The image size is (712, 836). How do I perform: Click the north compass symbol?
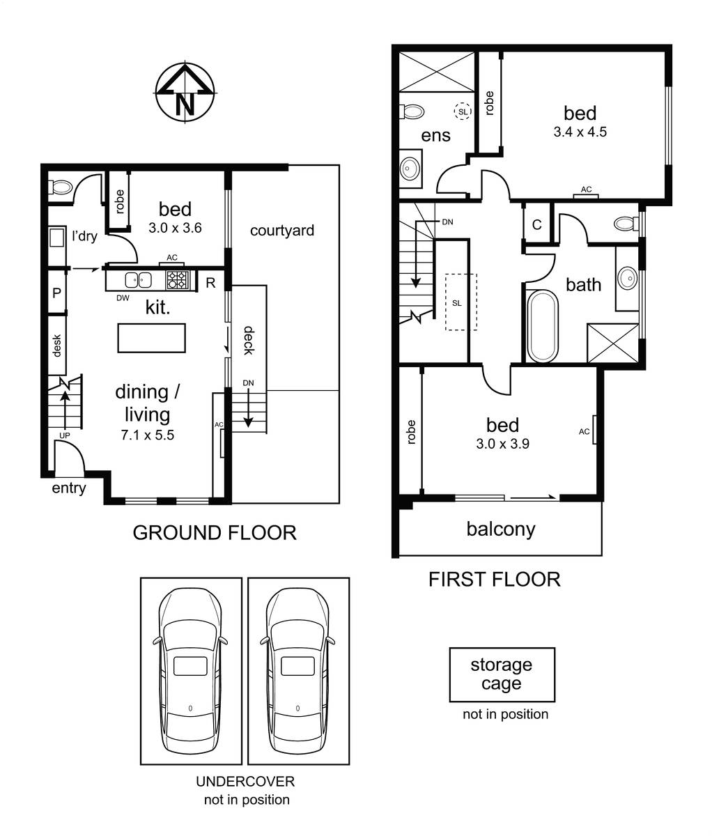(x=185, y=92)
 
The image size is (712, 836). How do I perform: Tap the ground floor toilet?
(x=61, y=187)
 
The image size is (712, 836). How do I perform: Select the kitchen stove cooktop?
(x=178, y=280)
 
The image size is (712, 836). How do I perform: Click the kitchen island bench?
(x=152, y=338)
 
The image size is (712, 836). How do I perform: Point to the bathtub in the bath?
(x=543, y=326)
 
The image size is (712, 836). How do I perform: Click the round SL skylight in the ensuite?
(x=463, y=111)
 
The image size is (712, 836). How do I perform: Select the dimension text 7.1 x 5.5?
(x=147, y=435)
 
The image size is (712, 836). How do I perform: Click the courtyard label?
(x=282, y=231)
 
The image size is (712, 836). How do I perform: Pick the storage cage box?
(x=502, y=674)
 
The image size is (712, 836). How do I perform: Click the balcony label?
(x=501, y=529)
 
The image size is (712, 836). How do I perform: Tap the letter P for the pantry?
(x=56, y=293)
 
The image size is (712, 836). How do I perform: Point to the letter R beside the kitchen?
(x=210, y=283)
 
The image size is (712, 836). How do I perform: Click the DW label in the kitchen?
(x=123, y=298)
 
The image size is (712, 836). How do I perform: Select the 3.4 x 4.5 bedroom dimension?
(x=580, y=132)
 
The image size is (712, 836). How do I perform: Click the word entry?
(x=69, y=488)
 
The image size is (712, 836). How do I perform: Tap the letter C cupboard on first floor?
(x=537, y=224)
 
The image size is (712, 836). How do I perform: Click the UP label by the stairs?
(x=65, y=435)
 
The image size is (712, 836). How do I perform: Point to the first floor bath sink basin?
(x=628, y=277)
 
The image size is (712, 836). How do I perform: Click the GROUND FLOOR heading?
(x=215, y=533)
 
